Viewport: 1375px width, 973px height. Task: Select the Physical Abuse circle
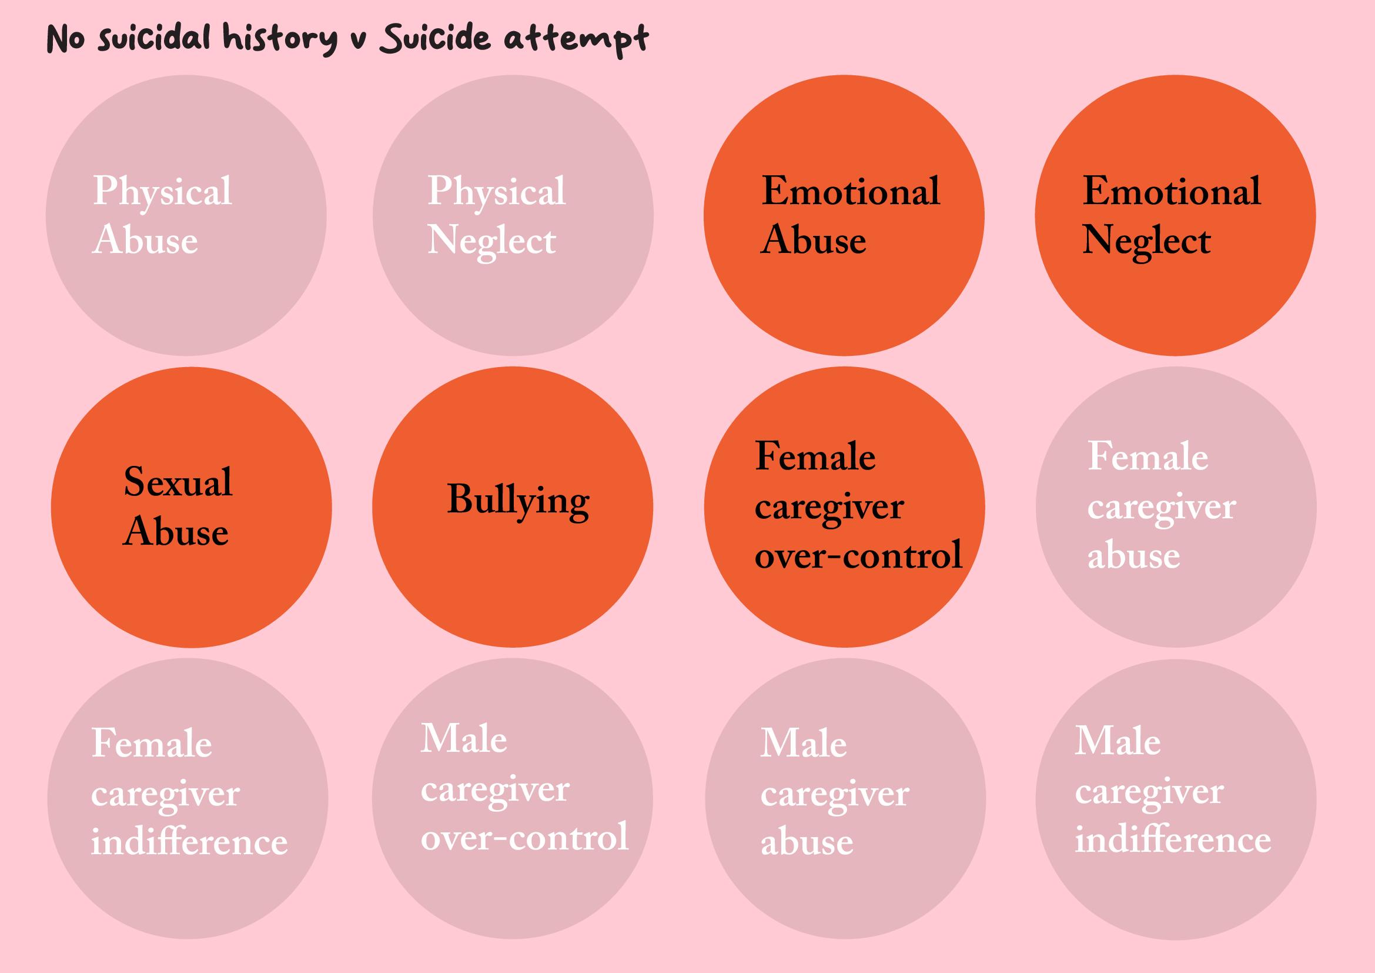186,215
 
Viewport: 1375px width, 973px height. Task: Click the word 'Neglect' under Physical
491,241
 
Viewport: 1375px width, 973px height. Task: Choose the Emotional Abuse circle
844,215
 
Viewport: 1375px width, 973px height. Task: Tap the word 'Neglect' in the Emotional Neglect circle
1146,241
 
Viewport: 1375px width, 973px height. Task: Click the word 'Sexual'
178,482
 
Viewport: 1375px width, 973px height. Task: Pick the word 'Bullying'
518,501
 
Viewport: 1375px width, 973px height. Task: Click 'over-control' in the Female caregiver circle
858,555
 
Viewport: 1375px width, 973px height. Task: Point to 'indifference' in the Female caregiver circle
189,842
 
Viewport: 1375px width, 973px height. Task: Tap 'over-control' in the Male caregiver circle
524,837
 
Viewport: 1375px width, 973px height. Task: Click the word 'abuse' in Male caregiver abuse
807,842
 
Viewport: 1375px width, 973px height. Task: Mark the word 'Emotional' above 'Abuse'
851,192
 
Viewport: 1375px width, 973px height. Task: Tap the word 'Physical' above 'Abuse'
162,192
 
